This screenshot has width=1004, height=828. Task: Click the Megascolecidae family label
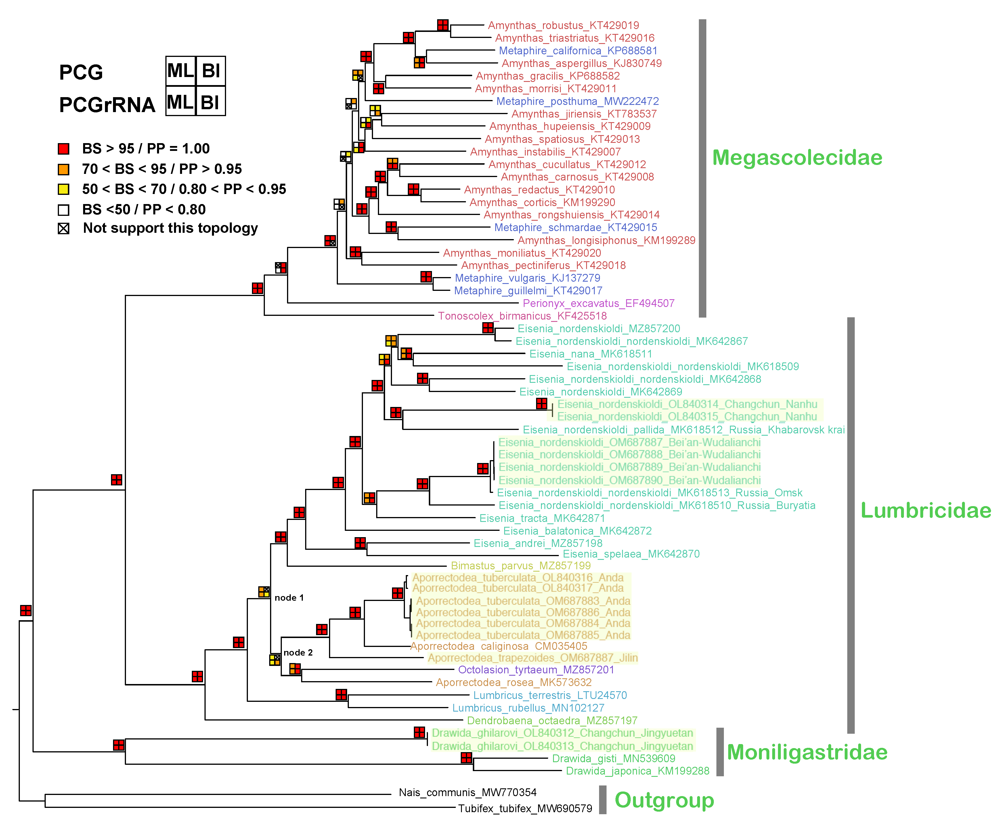797,158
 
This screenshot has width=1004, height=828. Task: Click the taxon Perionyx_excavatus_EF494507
598,303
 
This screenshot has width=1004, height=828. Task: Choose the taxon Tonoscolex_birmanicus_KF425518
522,316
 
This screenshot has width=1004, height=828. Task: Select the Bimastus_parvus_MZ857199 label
521,566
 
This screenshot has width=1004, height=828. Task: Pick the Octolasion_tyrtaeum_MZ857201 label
536,670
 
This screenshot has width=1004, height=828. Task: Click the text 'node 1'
289,598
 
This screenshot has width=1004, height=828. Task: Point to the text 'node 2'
298,652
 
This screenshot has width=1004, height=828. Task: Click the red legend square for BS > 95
64,149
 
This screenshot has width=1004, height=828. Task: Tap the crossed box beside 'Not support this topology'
64,228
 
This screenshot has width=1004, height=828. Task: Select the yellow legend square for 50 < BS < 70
64,189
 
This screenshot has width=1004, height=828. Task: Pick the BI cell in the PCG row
211,71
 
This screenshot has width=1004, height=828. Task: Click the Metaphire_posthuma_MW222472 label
577,101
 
